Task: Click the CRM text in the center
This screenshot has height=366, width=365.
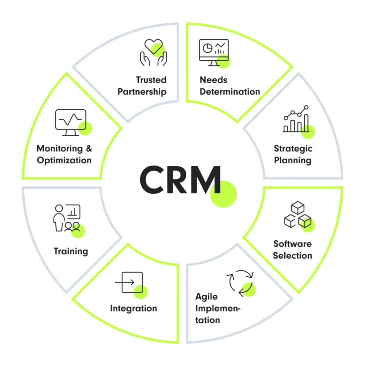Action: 180,179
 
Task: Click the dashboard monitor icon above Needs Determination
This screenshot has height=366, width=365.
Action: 214,52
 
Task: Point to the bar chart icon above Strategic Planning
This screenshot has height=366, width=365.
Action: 296,119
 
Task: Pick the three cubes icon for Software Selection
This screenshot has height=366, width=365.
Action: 298,216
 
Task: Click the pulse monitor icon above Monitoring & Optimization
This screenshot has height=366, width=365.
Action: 71,120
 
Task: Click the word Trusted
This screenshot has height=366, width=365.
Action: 151,80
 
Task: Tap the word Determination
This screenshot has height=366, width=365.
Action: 230,92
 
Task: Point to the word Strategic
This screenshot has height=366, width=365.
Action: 292,148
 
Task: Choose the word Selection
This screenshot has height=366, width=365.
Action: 292,255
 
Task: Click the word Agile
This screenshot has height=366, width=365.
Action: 206,297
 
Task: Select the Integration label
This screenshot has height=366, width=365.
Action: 134,309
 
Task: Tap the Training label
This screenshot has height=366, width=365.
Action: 71,251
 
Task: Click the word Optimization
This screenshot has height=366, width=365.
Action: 64,160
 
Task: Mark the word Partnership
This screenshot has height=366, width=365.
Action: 142,92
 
